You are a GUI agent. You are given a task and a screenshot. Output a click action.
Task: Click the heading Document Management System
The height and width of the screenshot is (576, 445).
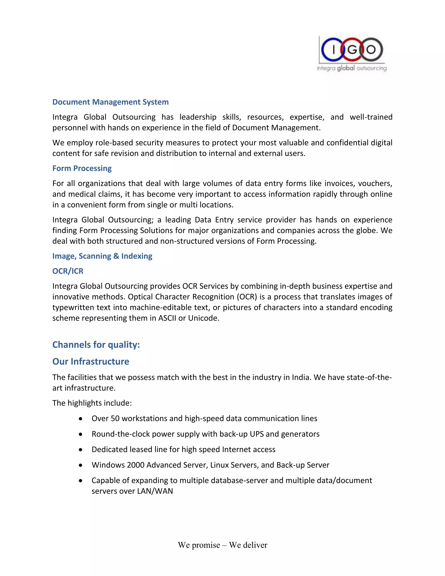[x=110, y=102]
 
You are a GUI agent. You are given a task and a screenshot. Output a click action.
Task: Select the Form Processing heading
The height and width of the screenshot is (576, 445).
[x=82, y=168]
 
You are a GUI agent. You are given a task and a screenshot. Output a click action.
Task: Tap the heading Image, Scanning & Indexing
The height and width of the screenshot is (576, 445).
[x=102, y=256]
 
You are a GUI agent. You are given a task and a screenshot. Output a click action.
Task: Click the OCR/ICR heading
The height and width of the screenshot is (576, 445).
[x=68, y=271]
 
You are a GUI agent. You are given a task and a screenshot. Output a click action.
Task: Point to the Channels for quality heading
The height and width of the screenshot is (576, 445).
[x=96, y=345]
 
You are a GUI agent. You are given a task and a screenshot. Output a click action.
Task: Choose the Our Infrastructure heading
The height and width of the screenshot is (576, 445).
[x=91, y=362]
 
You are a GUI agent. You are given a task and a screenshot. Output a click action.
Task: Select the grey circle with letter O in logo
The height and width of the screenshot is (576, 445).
[x=371, y=50]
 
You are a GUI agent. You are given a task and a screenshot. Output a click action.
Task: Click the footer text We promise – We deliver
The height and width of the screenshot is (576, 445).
[x=222, y=545]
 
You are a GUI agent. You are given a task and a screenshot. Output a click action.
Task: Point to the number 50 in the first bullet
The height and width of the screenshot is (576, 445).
[x=115, y=419]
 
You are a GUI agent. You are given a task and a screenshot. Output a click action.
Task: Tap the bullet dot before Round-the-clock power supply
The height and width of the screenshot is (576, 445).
[x=81, y=434]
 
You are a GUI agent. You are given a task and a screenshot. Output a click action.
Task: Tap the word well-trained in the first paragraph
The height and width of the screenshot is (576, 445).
[x=371, y=117]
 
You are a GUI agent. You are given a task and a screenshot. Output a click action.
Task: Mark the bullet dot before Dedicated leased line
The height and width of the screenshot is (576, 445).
[x=81, y=450]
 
